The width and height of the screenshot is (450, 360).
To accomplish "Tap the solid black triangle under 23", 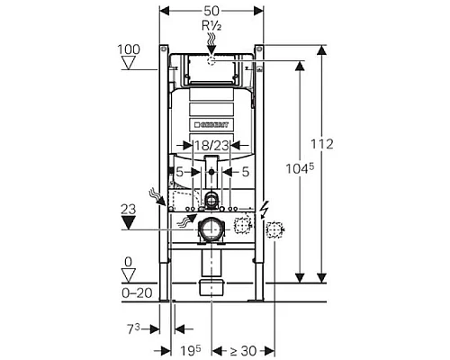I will (x=127, y=222).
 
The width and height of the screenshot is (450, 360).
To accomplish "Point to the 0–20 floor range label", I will (x=131, y=292).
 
